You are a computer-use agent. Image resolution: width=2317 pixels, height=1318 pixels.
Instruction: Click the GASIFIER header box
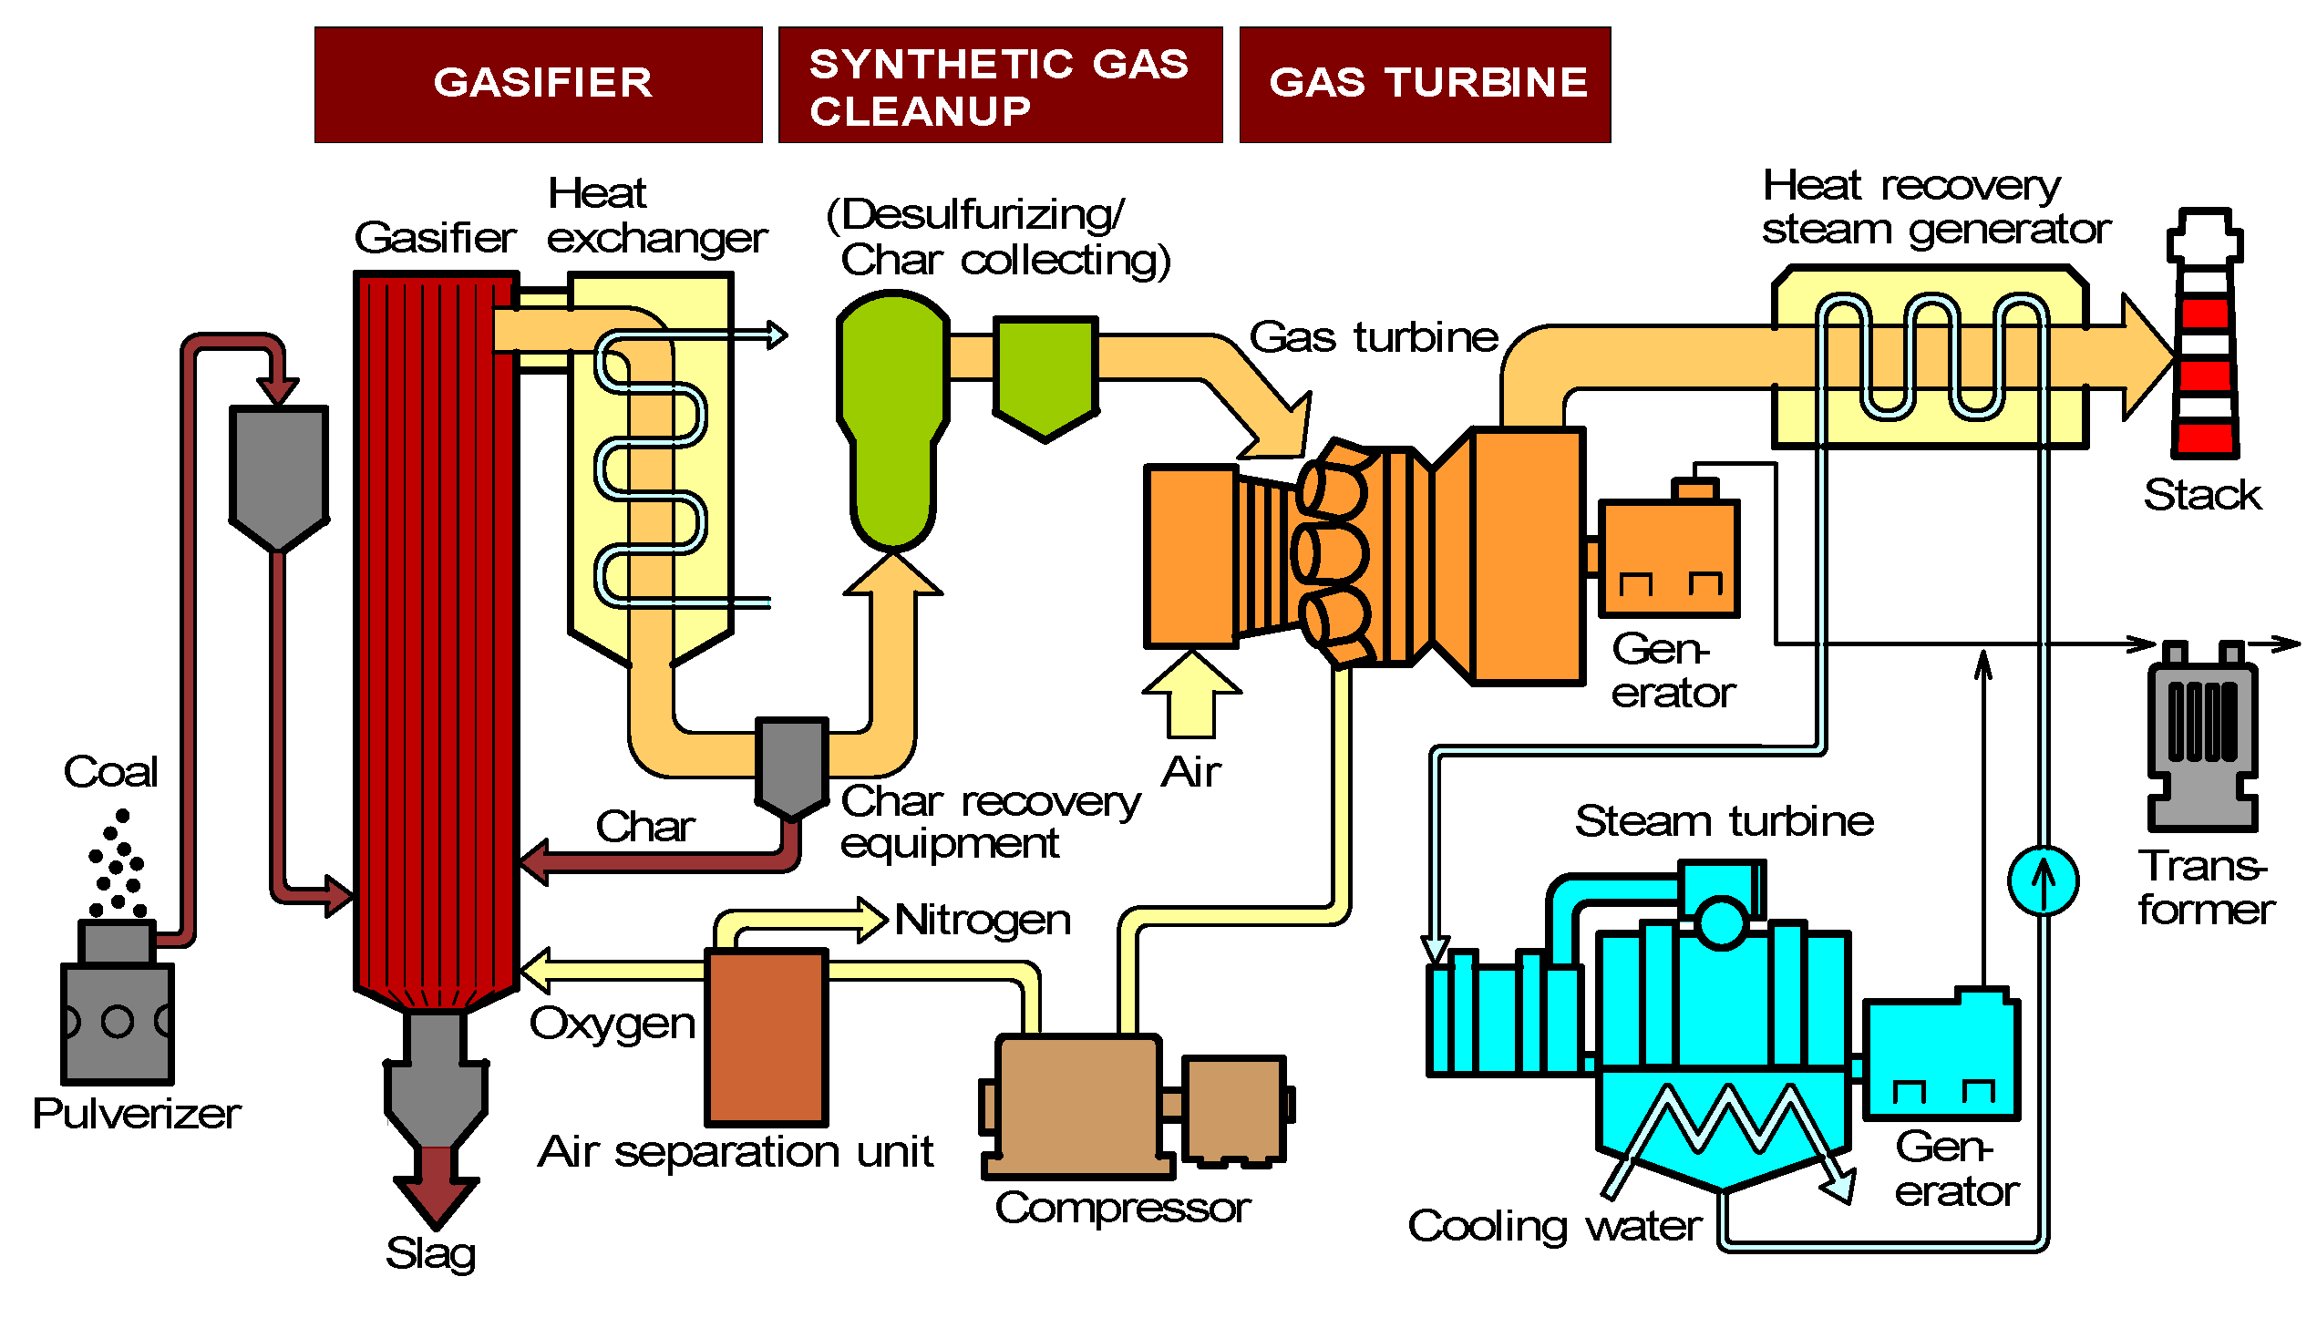tap(538, 84)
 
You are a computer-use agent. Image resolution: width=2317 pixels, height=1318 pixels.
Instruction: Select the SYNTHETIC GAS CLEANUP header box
tap(1000, 84)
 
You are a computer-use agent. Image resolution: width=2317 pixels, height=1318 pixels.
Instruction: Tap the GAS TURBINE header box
tap(1425, 84)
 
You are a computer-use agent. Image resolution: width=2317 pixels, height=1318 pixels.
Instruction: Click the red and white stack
tap(2204, 346)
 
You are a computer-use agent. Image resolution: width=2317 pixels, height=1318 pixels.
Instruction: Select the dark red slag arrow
tap(436, 1185)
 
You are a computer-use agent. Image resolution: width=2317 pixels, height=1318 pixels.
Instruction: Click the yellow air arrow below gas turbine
tap(1191, 697)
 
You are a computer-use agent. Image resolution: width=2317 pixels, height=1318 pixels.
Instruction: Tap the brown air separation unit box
tap(767, 1037)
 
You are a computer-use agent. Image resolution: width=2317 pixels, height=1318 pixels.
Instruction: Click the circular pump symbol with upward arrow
tap(2043, 880)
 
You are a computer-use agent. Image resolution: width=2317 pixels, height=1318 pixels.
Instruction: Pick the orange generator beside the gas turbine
tap(1669, 558)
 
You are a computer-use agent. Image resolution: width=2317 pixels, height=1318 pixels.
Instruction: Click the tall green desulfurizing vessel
tap(893, 419)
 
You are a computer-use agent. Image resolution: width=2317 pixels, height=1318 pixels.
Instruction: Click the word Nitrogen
tap(983, 920)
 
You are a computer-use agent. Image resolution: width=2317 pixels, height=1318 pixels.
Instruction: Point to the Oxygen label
tap(613, 1025)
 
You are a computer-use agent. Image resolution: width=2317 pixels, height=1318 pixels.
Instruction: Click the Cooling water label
tap(1554, 1226)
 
